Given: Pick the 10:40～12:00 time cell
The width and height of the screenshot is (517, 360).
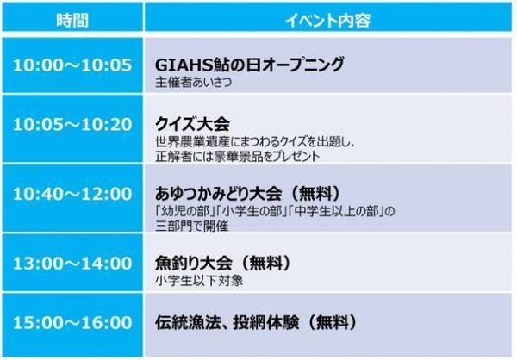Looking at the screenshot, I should point(72,193).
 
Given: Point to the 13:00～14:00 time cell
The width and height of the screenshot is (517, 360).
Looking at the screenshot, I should point(72,261).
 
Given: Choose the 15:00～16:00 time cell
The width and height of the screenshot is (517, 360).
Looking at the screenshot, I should point(72,324).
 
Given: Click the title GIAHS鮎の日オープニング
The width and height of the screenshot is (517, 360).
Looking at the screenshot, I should point(249,65).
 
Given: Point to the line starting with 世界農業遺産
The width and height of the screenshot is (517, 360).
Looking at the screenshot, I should point(253,141).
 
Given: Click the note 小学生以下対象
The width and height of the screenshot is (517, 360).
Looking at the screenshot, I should point(189,279).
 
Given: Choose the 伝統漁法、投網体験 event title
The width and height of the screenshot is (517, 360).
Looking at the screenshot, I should point(227,324).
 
